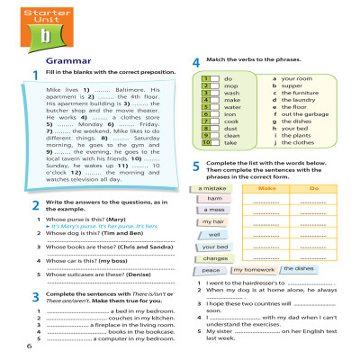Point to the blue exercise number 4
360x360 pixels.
tap(196, 62)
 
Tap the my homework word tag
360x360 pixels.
tap(254, 269)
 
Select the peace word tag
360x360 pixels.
tap(211, 269)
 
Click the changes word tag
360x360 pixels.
tap(215, 258)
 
